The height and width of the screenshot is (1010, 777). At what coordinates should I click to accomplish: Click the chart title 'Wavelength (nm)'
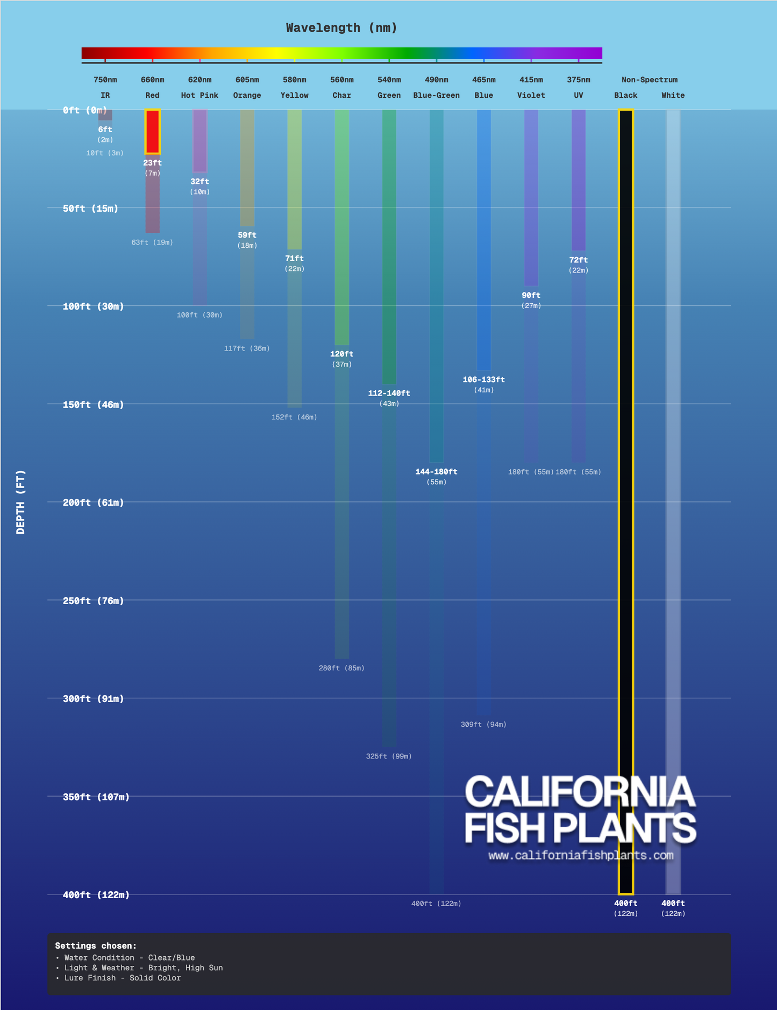coord(341,28)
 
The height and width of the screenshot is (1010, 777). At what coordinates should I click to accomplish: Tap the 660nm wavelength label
coord(152,80)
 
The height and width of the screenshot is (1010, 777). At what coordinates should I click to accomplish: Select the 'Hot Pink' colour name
coord(199,96)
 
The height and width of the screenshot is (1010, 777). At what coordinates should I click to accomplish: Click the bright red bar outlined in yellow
coord(153,132)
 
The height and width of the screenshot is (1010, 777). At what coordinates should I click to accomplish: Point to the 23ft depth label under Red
coord(152,163)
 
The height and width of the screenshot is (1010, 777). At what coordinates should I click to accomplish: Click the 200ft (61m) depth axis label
coord(93,503)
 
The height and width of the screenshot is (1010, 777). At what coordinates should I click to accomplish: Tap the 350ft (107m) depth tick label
coord(96,797)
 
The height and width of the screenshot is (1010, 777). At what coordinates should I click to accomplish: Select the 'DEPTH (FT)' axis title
coord(20,502)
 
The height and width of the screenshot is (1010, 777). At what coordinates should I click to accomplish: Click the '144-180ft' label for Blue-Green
coord(436,472)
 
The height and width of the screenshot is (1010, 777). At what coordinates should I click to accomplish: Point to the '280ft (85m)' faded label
coord(341,668)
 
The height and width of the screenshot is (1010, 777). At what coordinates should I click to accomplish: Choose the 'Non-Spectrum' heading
coord(649,80)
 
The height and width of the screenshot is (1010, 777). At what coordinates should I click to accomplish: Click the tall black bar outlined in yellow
coord(626,500)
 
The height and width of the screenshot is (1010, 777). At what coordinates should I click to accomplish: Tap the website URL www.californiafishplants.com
coord(581,855)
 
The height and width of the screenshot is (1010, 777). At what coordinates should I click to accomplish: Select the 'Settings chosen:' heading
coord(96,946)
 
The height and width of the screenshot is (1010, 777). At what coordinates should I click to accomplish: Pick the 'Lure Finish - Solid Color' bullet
coord(122,978)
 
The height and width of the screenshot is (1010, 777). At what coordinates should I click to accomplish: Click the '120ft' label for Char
coord(341,354)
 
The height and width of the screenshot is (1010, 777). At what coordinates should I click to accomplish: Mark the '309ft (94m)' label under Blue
coord(483,725)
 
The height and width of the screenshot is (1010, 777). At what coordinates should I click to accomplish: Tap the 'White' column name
coord(673,96)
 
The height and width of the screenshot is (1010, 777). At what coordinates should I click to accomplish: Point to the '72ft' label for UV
coord(578,260)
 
